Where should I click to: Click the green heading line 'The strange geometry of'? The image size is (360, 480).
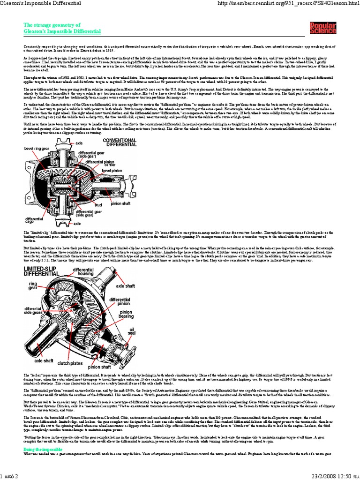coord(52,25)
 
